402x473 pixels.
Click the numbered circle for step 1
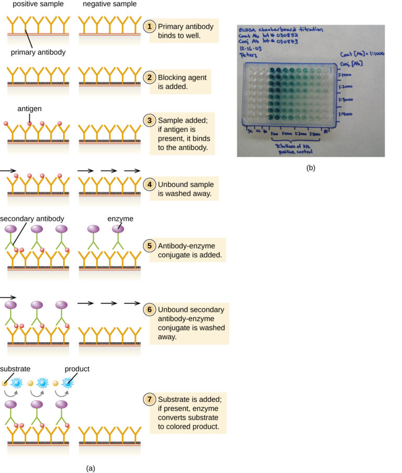coord(150,26)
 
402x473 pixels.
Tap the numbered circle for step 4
coord(150,185)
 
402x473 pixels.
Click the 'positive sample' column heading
coord(31,4)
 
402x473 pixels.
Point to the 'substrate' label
coord(15,369)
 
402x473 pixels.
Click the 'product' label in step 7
coord(77,369)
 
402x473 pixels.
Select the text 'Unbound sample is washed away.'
coord(185,189)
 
